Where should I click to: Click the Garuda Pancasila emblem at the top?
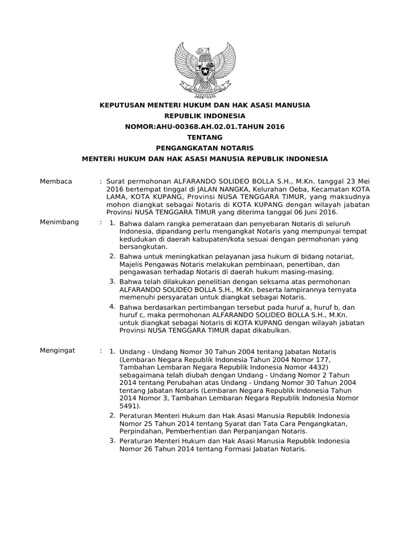(206, 70)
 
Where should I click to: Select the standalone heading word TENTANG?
(204, 137)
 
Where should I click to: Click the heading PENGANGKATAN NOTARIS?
(204, 148)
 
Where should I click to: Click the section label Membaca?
(56, 182)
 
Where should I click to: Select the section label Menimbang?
(59, 222)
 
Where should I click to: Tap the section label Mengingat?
(58, 350)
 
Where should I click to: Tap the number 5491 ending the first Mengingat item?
(130, 405)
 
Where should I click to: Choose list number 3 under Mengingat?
(112, 440)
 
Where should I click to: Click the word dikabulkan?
(271, 331)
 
